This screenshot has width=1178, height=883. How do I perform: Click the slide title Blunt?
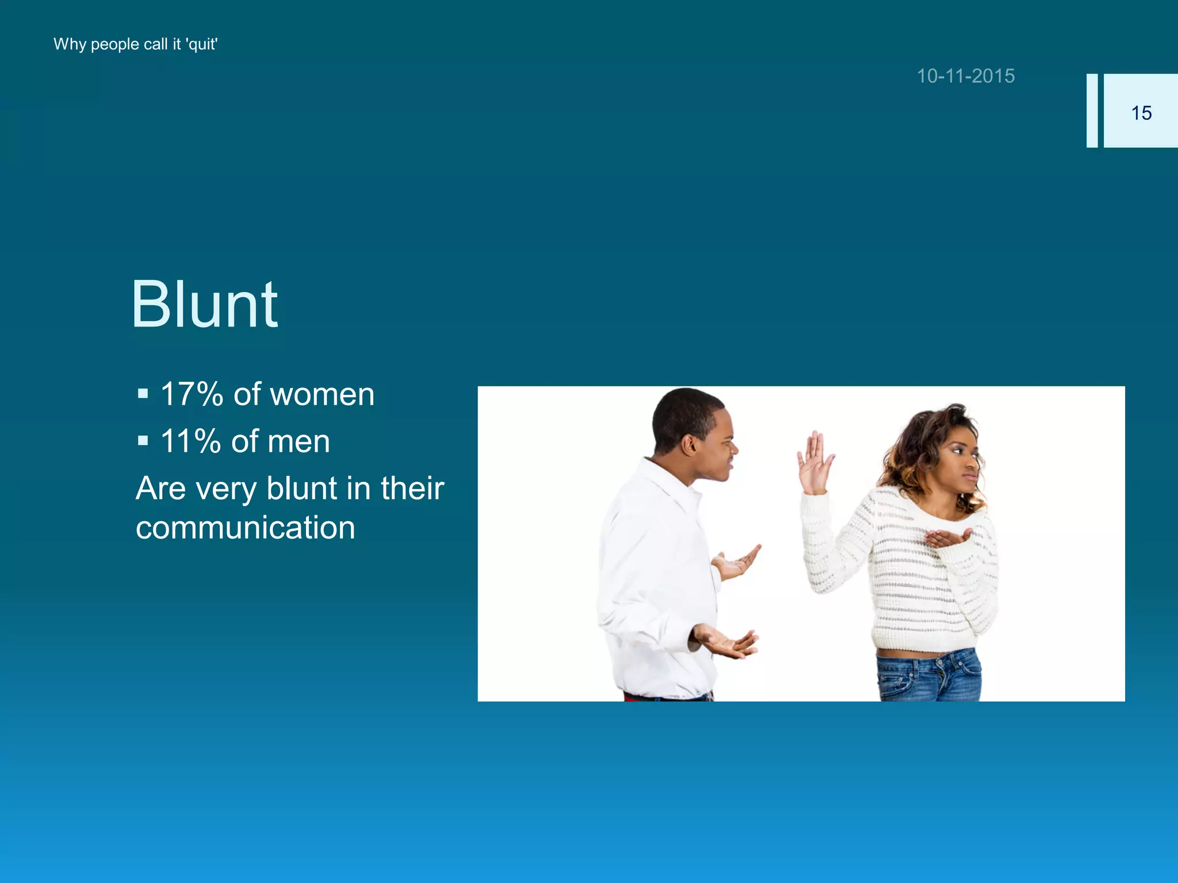coord(205,305)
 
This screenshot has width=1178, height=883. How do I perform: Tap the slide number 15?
coord(1141,113)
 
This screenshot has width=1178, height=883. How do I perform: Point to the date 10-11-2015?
coord(966,76)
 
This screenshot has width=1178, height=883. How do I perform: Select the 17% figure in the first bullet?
coord(192,394)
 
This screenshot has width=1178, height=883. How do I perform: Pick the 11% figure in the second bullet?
coord(190,441)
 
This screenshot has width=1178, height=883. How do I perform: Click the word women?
coord(322,395)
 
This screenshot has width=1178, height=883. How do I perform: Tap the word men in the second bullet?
coord(299,441)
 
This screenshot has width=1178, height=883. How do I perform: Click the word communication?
coord(246,528)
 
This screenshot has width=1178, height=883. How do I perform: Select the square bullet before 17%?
coord(143,394)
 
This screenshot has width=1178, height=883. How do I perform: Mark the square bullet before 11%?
coord(143,441)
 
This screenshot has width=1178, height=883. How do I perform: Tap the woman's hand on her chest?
coord(946,539)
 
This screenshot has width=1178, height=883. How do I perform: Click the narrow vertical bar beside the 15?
coord(1092,110)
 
